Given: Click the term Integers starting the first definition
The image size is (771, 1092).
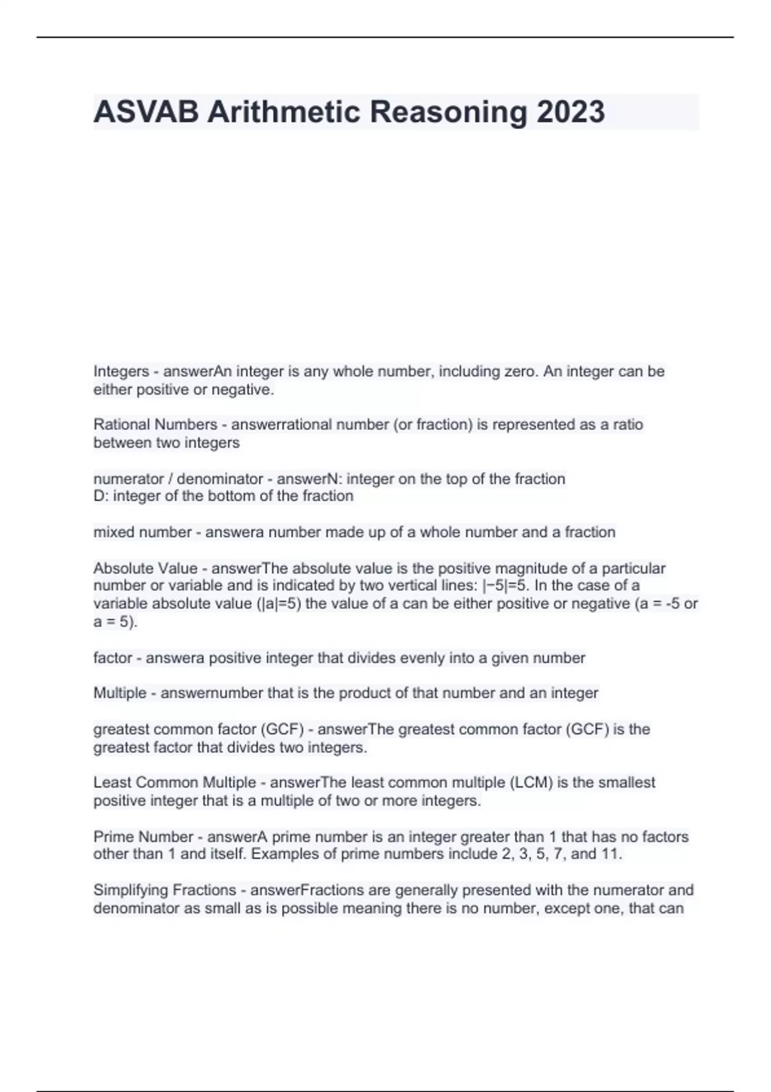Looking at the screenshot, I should click(121, 371).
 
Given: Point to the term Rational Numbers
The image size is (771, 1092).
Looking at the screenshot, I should click(155, 425).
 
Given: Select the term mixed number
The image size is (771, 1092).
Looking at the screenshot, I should click(142, 532).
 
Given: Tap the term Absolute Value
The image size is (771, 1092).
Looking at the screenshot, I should click(145, 568).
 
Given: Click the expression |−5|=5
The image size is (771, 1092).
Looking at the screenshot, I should click(504, 585).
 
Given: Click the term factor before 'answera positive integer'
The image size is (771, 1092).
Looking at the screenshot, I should click(112, 658).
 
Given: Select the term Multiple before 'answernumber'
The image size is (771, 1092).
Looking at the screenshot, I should click(120, 693).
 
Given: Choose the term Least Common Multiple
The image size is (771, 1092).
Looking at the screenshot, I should click(174, 782).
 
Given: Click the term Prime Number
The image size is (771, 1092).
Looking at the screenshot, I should click(143, 837).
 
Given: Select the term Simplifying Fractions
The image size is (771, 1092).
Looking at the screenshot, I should click(164, 890).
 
